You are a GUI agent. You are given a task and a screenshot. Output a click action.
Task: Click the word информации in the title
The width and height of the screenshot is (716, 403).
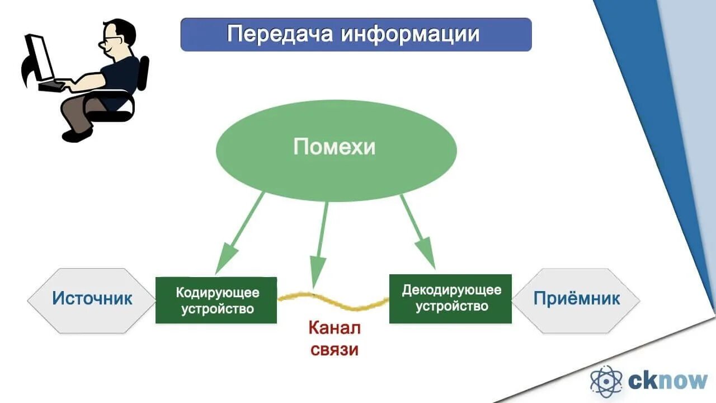[410, 34]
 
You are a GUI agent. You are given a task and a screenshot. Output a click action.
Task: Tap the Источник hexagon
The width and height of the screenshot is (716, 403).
[92, 298]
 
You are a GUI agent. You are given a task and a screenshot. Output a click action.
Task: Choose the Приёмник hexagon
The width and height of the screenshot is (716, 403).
[576, 298]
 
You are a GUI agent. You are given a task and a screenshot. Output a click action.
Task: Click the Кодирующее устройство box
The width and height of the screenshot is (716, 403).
[216, 300]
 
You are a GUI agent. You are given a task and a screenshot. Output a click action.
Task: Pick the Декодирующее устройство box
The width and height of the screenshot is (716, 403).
[450, 298]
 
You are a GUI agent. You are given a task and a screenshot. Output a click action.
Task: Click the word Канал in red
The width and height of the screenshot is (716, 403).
[335, 328]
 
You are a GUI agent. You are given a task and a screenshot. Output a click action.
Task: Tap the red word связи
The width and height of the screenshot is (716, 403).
[334, 350]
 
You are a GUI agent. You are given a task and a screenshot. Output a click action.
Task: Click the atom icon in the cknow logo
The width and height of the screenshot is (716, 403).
[606, 382]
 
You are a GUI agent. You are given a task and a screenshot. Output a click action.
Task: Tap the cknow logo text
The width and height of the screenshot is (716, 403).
[668, 381]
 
